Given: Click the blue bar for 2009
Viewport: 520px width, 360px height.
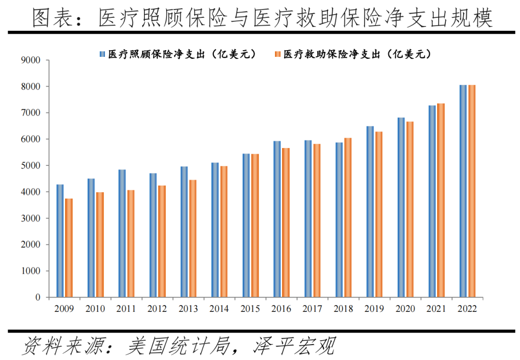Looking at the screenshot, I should [60, 241].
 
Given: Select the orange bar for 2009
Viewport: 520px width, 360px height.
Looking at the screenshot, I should [69, 248].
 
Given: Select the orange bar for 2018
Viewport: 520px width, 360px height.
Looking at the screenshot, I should [348, 217].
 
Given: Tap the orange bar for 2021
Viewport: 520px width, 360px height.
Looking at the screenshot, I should [441, 200].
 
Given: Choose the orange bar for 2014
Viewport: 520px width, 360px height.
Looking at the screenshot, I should [224, 231].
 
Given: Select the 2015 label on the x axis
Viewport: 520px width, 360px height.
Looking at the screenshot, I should [250, 309].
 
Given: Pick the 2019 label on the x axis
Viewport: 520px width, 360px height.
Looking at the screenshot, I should [375, 309].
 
